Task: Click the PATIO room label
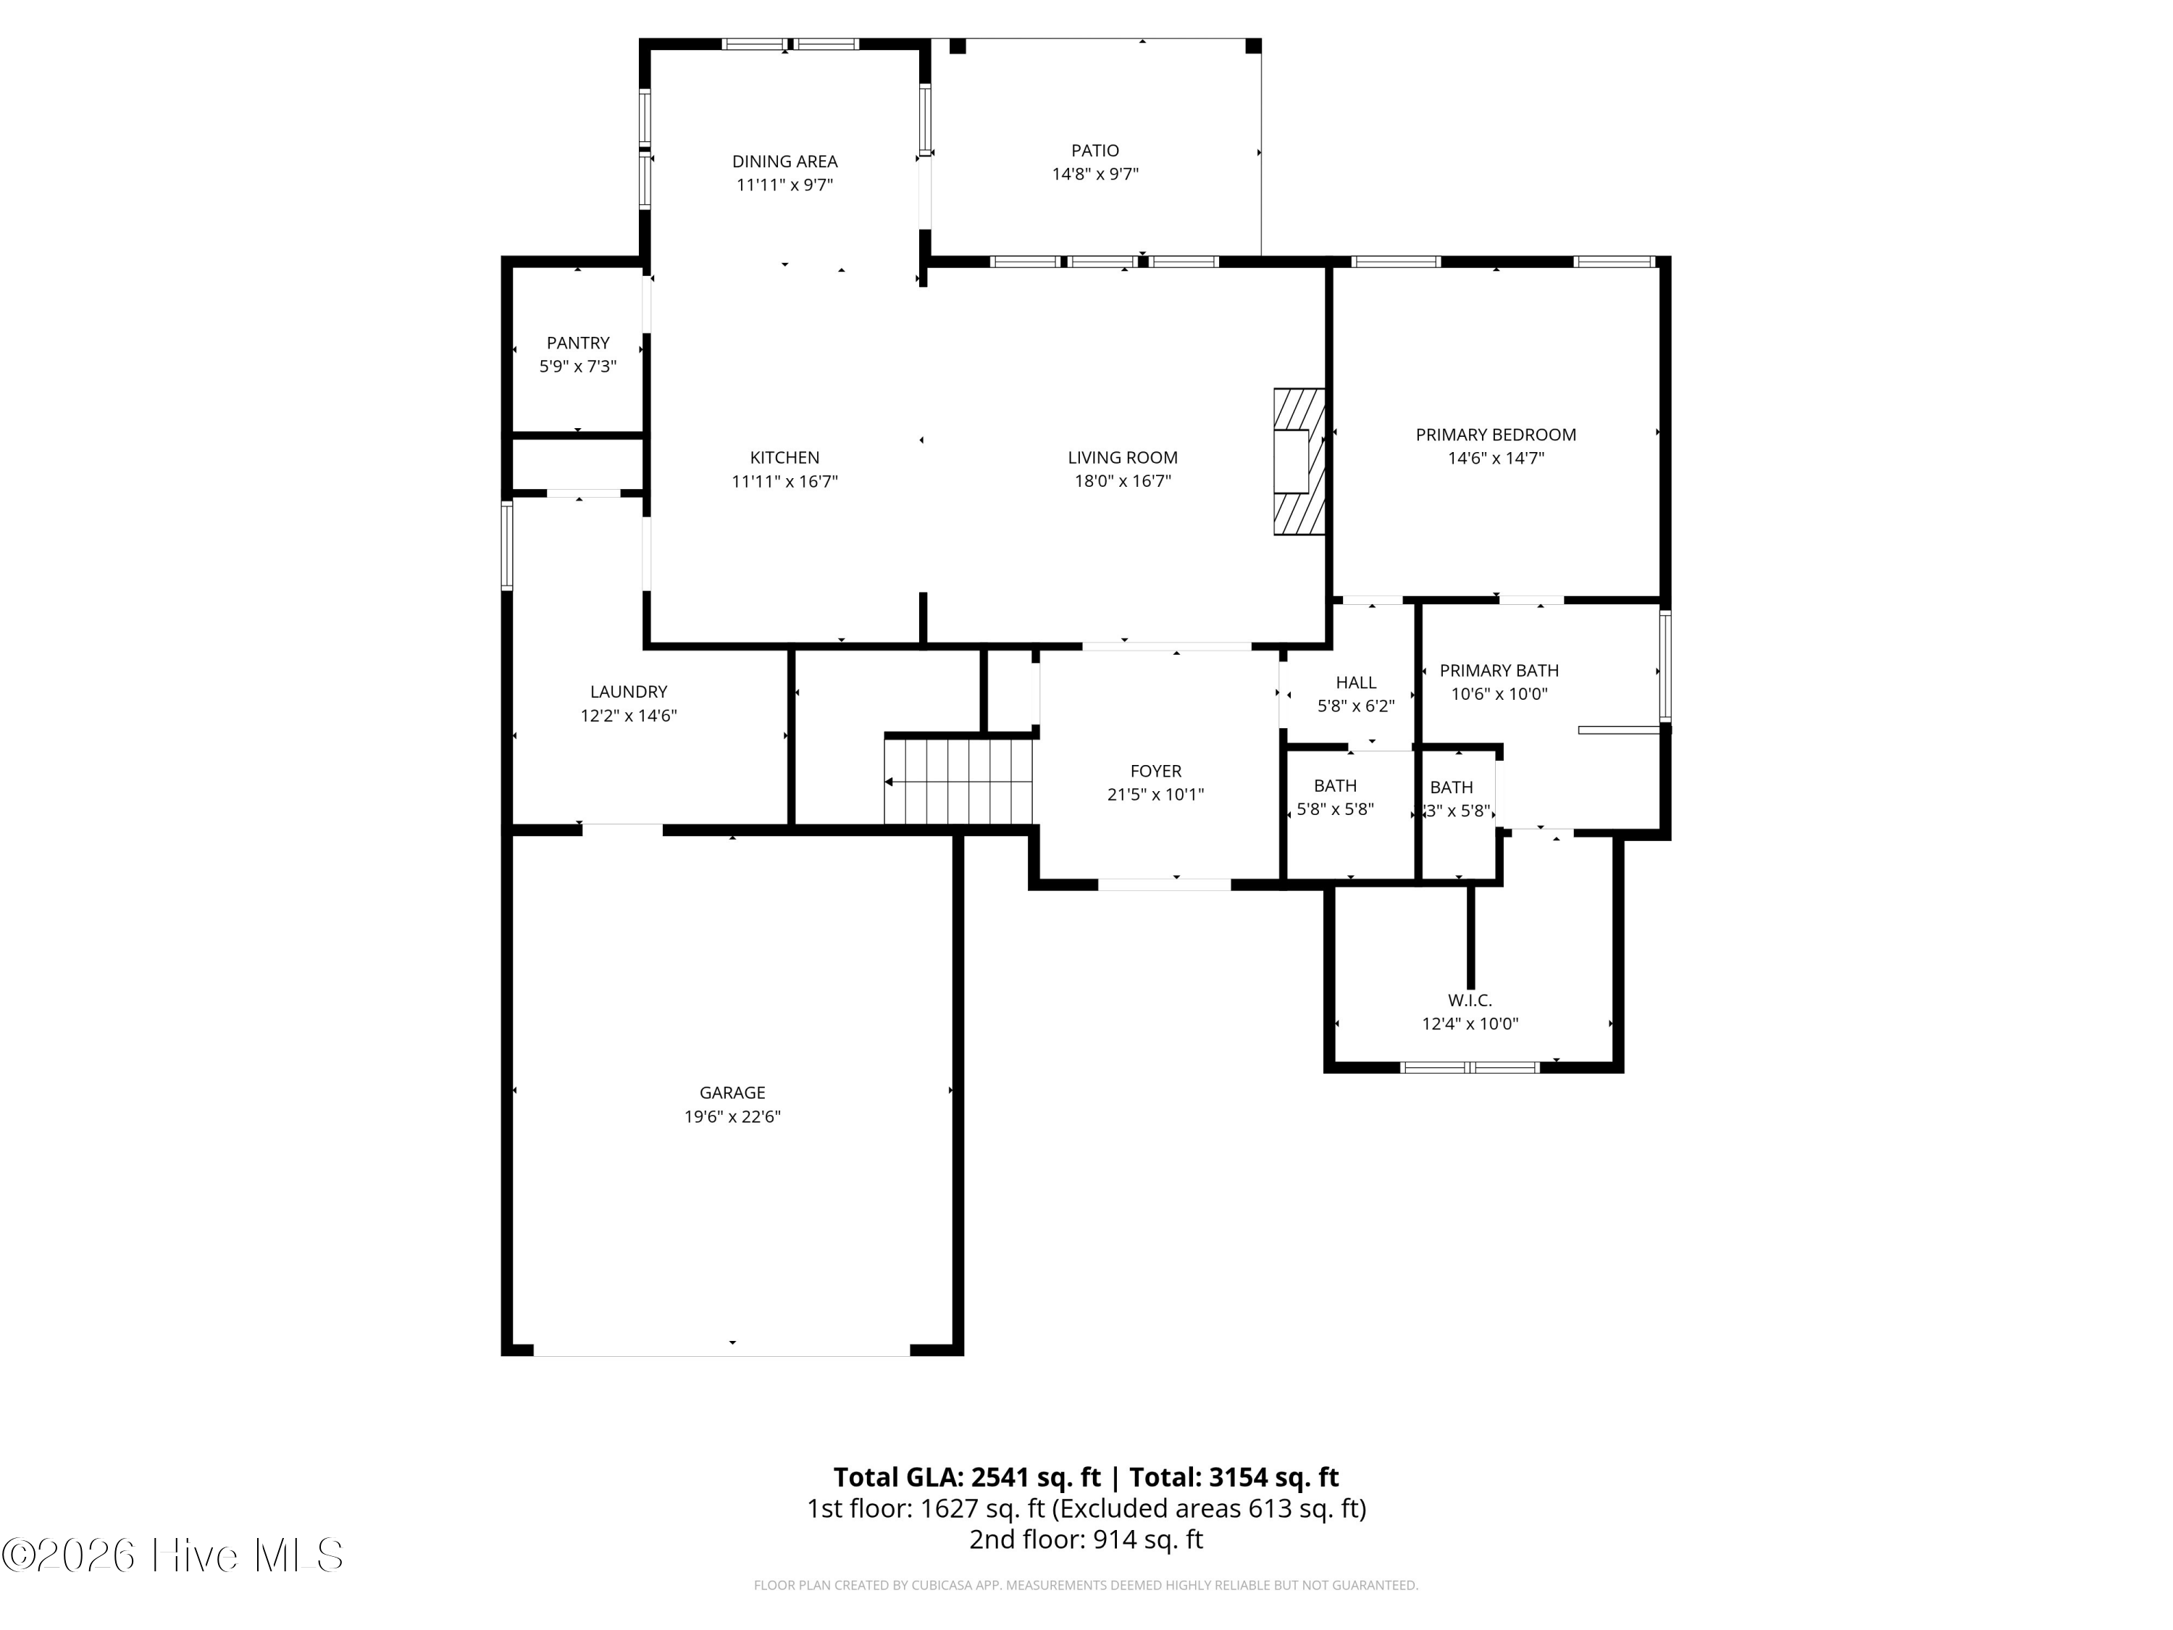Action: click(1094, 151)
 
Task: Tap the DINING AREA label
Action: click(784, 161)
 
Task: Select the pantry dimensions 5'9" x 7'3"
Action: click(577, 367)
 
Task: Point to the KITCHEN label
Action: click(784, 457)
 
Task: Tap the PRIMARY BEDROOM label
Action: click(1495, 434)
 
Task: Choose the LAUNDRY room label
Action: click(629, 692)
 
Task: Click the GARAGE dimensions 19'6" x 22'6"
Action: click(732, 1116)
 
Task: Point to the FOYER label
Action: click(1155, 772)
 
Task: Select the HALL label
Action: click(1356, 682)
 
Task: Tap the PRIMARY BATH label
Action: click(1498, 670)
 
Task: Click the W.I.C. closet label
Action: click(1470, 1000)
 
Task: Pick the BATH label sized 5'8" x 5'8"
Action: click(1335, 786)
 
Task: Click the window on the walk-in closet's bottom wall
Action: click(1470, 1067)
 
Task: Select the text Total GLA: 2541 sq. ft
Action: click(968, 1478)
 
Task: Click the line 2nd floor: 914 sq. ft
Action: click(1086, 1539)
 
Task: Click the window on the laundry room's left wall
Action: click(507, 546)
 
